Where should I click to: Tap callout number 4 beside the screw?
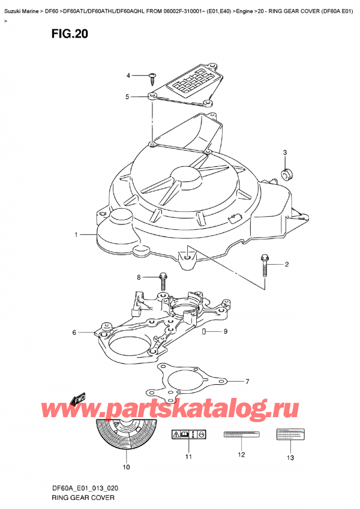click(128, 75)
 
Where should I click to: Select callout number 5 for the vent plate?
click(127, 97)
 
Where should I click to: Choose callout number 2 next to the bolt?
click(287, 264)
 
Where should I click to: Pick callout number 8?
click(139, 277)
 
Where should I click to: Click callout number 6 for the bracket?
click(74, 332)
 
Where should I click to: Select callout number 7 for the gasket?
click(247, 381)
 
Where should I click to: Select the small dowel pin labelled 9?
click(206, 331)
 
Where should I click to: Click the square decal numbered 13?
click(290, 434)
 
